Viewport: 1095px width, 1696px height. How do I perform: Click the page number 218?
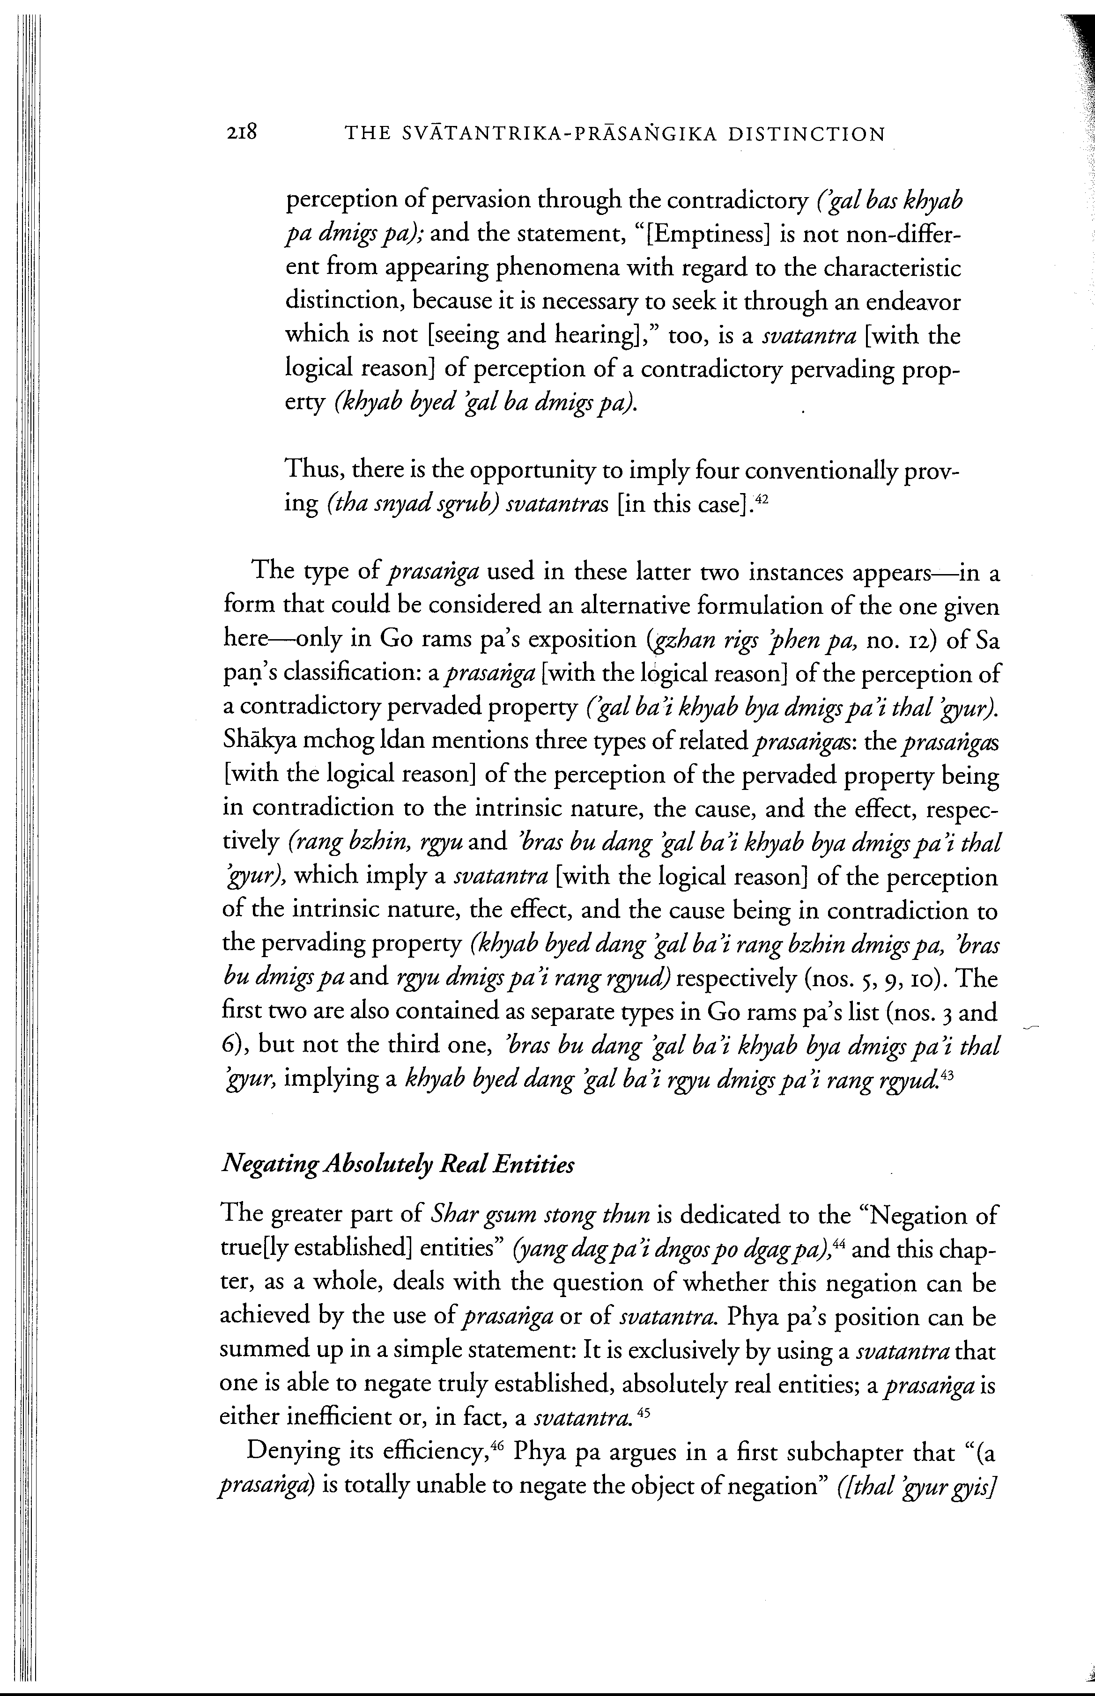tap(242, 133)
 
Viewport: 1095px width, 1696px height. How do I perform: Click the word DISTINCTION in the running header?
tap(807, 134)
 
